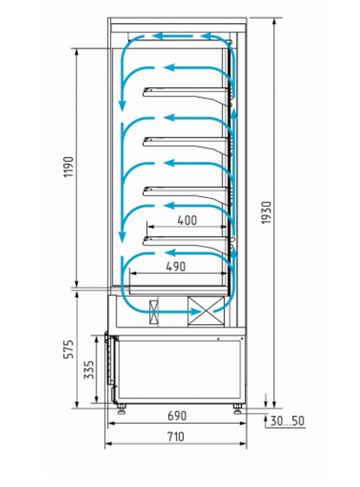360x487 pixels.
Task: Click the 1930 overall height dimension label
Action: click(x=266, y=213)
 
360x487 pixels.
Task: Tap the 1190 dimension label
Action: click(x=68, y=167)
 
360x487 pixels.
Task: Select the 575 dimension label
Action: click(x=68, y=349)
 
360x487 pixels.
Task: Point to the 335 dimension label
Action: click(x=89, y=370)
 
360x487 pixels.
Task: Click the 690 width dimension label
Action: click(x=177, y=416)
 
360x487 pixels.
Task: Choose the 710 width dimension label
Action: click(x=176, y=437)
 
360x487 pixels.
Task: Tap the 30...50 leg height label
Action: click(x=287, y=421)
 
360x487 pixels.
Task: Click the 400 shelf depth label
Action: click(x=187, y=220)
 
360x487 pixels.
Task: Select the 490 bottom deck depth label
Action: click(x=176, y=267)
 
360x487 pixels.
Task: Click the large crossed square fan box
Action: click(x=206, y=311)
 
